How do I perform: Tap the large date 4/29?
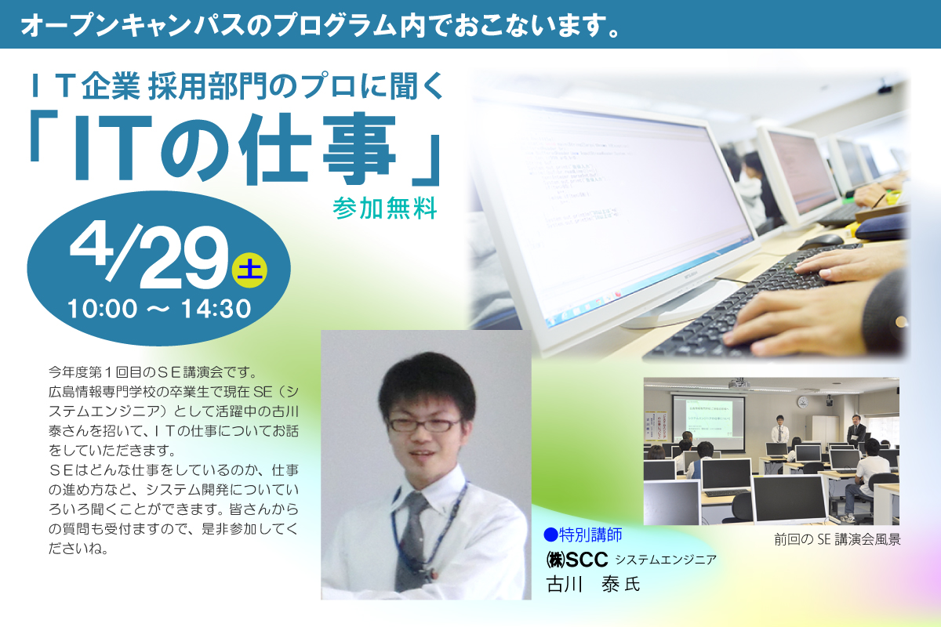click(x=149, y=257)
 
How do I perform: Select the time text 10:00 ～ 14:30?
click(x=159, y=309)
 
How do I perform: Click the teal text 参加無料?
click(x=385, y=208)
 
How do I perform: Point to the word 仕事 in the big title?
click(x=318, y=149)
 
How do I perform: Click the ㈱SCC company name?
click(x=577, y=560)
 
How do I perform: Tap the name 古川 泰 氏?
click(x=593, y=585)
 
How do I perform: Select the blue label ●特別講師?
click(x=583, y=535)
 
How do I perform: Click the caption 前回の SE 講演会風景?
click(x=837, y=540)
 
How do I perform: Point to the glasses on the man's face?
click(x=425, y=425)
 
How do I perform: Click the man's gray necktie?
click(x=412, y=542)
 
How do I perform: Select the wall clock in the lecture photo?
click(x=803, y=402)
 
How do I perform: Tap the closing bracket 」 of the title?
click(x=426, y=161)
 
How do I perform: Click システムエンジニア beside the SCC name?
click(x=666, y=560)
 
